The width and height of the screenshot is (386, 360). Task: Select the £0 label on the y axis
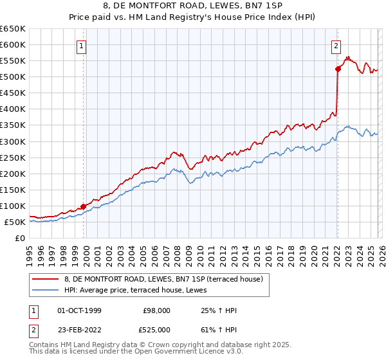coord(21,238)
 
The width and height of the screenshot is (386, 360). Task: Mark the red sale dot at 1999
coord(83,206)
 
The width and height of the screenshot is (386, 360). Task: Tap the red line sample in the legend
coord(46,280)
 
